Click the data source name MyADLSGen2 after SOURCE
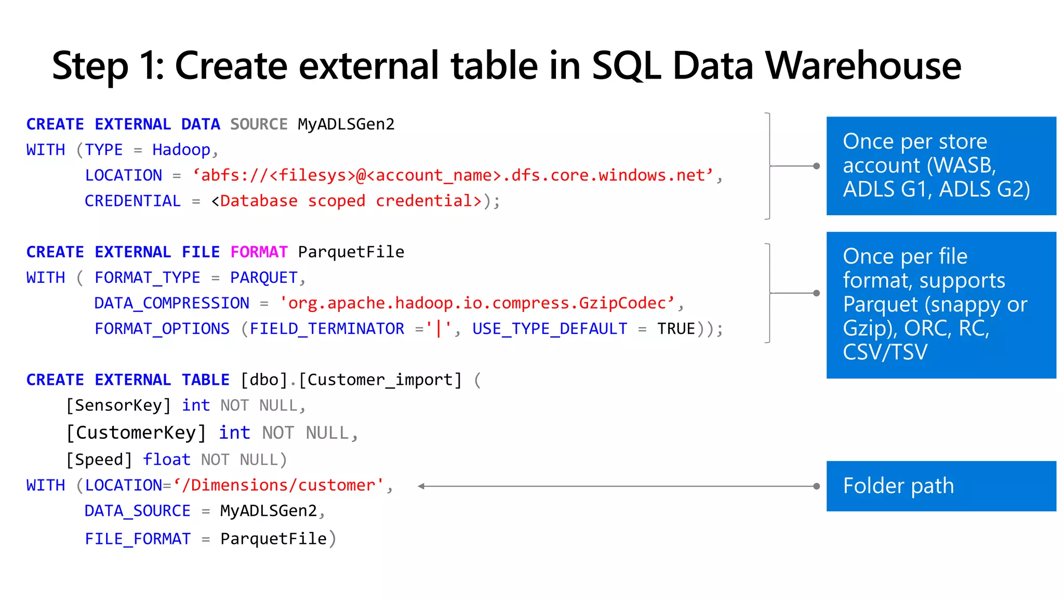point(346,124)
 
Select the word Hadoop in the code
point(181,150)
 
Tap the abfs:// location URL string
point(453,175)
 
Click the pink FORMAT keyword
point(259,252)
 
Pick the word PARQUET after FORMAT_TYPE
point(264,278)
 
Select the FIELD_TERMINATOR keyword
point(327,329)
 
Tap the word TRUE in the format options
point(676,329)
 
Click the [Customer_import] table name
point(380,380)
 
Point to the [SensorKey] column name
point(118,406)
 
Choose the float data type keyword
point(167,460)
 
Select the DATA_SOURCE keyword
point(137,511)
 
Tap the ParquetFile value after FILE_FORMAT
point(273,539)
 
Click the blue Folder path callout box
point(941,486)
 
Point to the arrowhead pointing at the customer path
point(421,486)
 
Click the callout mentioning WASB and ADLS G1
point(941,166)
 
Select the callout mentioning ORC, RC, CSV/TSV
point(941,305)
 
